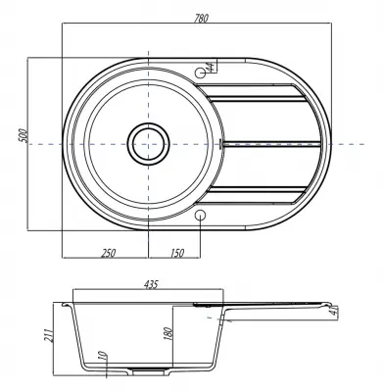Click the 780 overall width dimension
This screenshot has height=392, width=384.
tap(201, 19)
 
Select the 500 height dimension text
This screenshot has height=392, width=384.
tap(23, 135)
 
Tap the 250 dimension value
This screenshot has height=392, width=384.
tap(109, 253)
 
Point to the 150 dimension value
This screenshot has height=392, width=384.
tap(177, 253)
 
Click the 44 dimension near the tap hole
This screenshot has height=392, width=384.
tap(211, 67)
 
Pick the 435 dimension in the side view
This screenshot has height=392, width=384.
tap(151, 284)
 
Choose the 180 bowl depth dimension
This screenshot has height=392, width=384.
tap(168, 333)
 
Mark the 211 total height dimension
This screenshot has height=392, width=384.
tap(49, 334)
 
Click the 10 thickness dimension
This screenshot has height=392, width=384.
tap(102, 356)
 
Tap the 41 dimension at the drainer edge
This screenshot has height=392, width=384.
tap(334, 311)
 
